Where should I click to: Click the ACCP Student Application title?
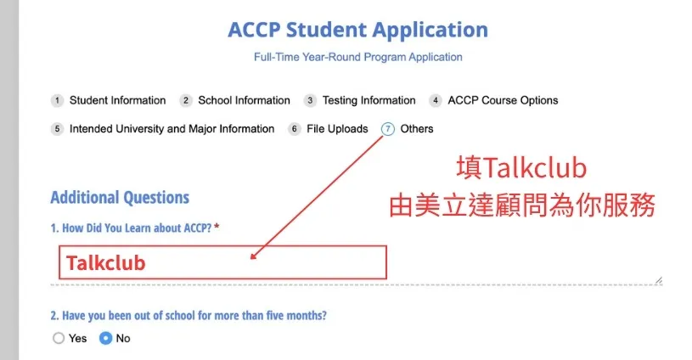[x=358, y=31]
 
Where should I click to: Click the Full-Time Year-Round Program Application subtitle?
[x=358, y=57]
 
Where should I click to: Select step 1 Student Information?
[x=109, y=100]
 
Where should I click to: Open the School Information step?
[x=235, y=100]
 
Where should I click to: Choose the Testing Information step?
[x=360, y=100]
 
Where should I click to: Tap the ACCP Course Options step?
[x=494, y=100]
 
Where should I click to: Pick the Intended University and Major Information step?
[x=163, y=129]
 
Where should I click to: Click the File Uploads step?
[x=328, y=129]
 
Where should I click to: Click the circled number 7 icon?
[x=387, y=129]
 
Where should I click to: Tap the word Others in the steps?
[x=417, y=129]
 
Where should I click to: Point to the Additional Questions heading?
[x=120, y=198]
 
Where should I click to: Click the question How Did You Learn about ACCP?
[x=131, y=228]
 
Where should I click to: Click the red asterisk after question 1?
[x=217, y=227]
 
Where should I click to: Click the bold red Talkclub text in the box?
[x=106, y=263]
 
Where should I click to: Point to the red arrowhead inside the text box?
[x=253, y=256]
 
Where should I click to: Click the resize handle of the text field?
[x=659, y=280]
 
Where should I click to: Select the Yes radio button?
[x=59, y=339]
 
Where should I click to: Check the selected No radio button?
[x=105, y=339]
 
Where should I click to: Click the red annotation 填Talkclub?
[x=521, y=168]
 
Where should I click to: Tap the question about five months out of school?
[x=188, y=316]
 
